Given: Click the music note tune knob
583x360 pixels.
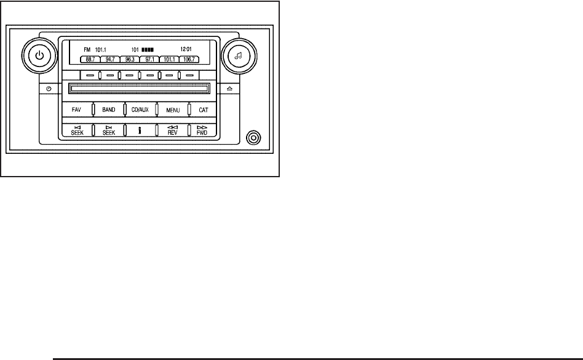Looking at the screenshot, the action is pyautogui.click(x=239, y=55).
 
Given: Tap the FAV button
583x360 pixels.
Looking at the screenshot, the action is pyautogui.click(x=76, y=110).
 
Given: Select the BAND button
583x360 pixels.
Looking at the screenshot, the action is pyautogui.click(x=108, y=110).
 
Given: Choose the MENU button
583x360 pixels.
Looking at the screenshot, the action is pyautogui.click(x=172, y=110).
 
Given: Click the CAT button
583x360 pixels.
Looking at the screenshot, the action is pyautogui.click(x=203, y=110).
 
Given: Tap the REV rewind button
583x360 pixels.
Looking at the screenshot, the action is pyautogui.click(x=172, y=130).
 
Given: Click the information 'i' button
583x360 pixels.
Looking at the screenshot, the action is pyautogui.click(x=140, y=130).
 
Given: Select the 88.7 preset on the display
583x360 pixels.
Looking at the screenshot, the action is pyautogui.click(x=90, y=60).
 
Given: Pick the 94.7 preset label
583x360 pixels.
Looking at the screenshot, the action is pyautogui.click(x=110, y=60).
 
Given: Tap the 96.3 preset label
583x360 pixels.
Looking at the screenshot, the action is pyautogui.click(x=130, y=60).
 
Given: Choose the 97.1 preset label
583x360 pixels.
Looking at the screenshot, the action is pyautogui.click(x=149, y=60).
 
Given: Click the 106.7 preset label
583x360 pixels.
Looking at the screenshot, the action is pyautogui.click(x=188, y=60).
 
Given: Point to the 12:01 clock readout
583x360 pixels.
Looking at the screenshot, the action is pyautogui.click(x=185, y=47).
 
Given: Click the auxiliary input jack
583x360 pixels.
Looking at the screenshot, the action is pyautogui.click(x=251, y=137).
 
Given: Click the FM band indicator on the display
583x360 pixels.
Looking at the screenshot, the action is pyautogui.click(x=87, y=47).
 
